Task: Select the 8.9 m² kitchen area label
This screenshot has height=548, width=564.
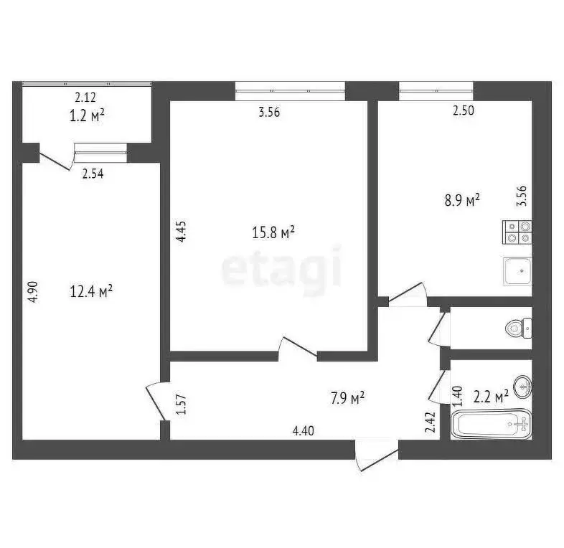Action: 462,202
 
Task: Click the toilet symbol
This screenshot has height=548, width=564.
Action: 517,329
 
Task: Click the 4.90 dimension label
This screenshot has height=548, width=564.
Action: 31,292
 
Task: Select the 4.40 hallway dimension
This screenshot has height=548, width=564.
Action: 304,430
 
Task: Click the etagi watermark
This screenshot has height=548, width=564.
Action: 281,269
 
